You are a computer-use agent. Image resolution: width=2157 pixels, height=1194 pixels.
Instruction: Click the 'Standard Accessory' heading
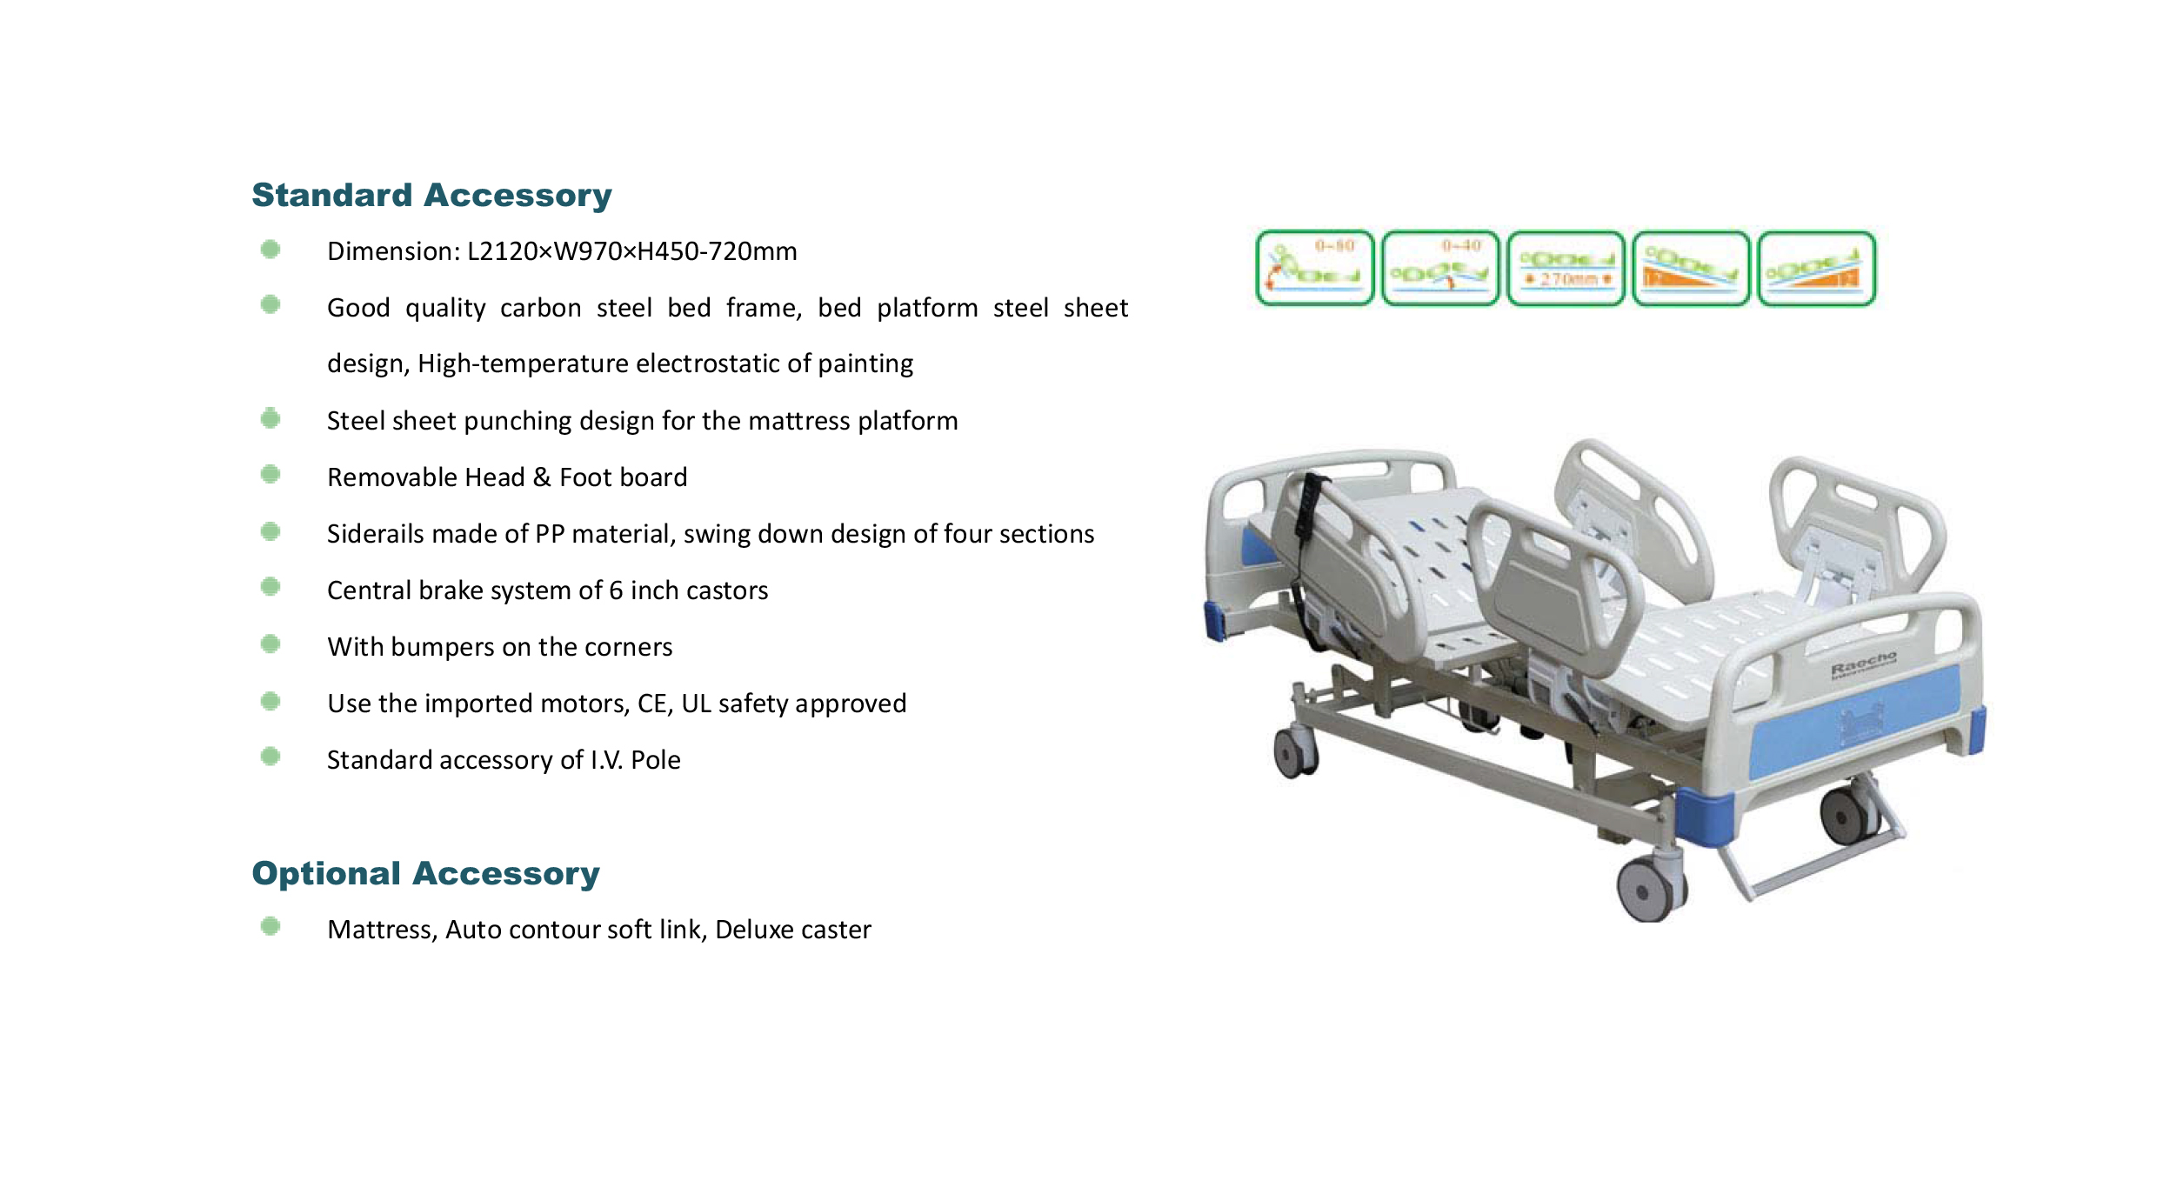click(431, 196)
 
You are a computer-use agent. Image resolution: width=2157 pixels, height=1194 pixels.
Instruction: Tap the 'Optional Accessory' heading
click(425, 874)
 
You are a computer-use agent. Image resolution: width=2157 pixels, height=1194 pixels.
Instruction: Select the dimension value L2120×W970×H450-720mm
click(631, 251)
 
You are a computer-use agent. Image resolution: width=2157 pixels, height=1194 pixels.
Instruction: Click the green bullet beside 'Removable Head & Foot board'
click(270, 475)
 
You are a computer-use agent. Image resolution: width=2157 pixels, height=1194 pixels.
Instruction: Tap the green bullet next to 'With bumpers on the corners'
click(270, 644)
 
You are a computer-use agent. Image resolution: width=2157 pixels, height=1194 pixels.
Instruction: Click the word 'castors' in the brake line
click(728, 590)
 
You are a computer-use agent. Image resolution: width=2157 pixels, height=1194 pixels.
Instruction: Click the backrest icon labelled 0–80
click(1314, 268)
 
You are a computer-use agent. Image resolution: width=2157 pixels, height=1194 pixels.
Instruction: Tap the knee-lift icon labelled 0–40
click(1439, 268)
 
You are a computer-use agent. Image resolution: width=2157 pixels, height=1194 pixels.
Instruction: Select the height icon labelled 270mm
click(1566, 268)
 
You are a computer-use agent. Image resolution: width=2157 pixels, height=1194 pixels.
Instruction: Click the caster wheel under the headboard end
click(1293, 753)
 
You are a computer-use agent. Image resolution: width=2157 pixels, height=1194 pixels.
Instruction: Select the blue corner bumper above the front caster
click(1702, 816)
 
